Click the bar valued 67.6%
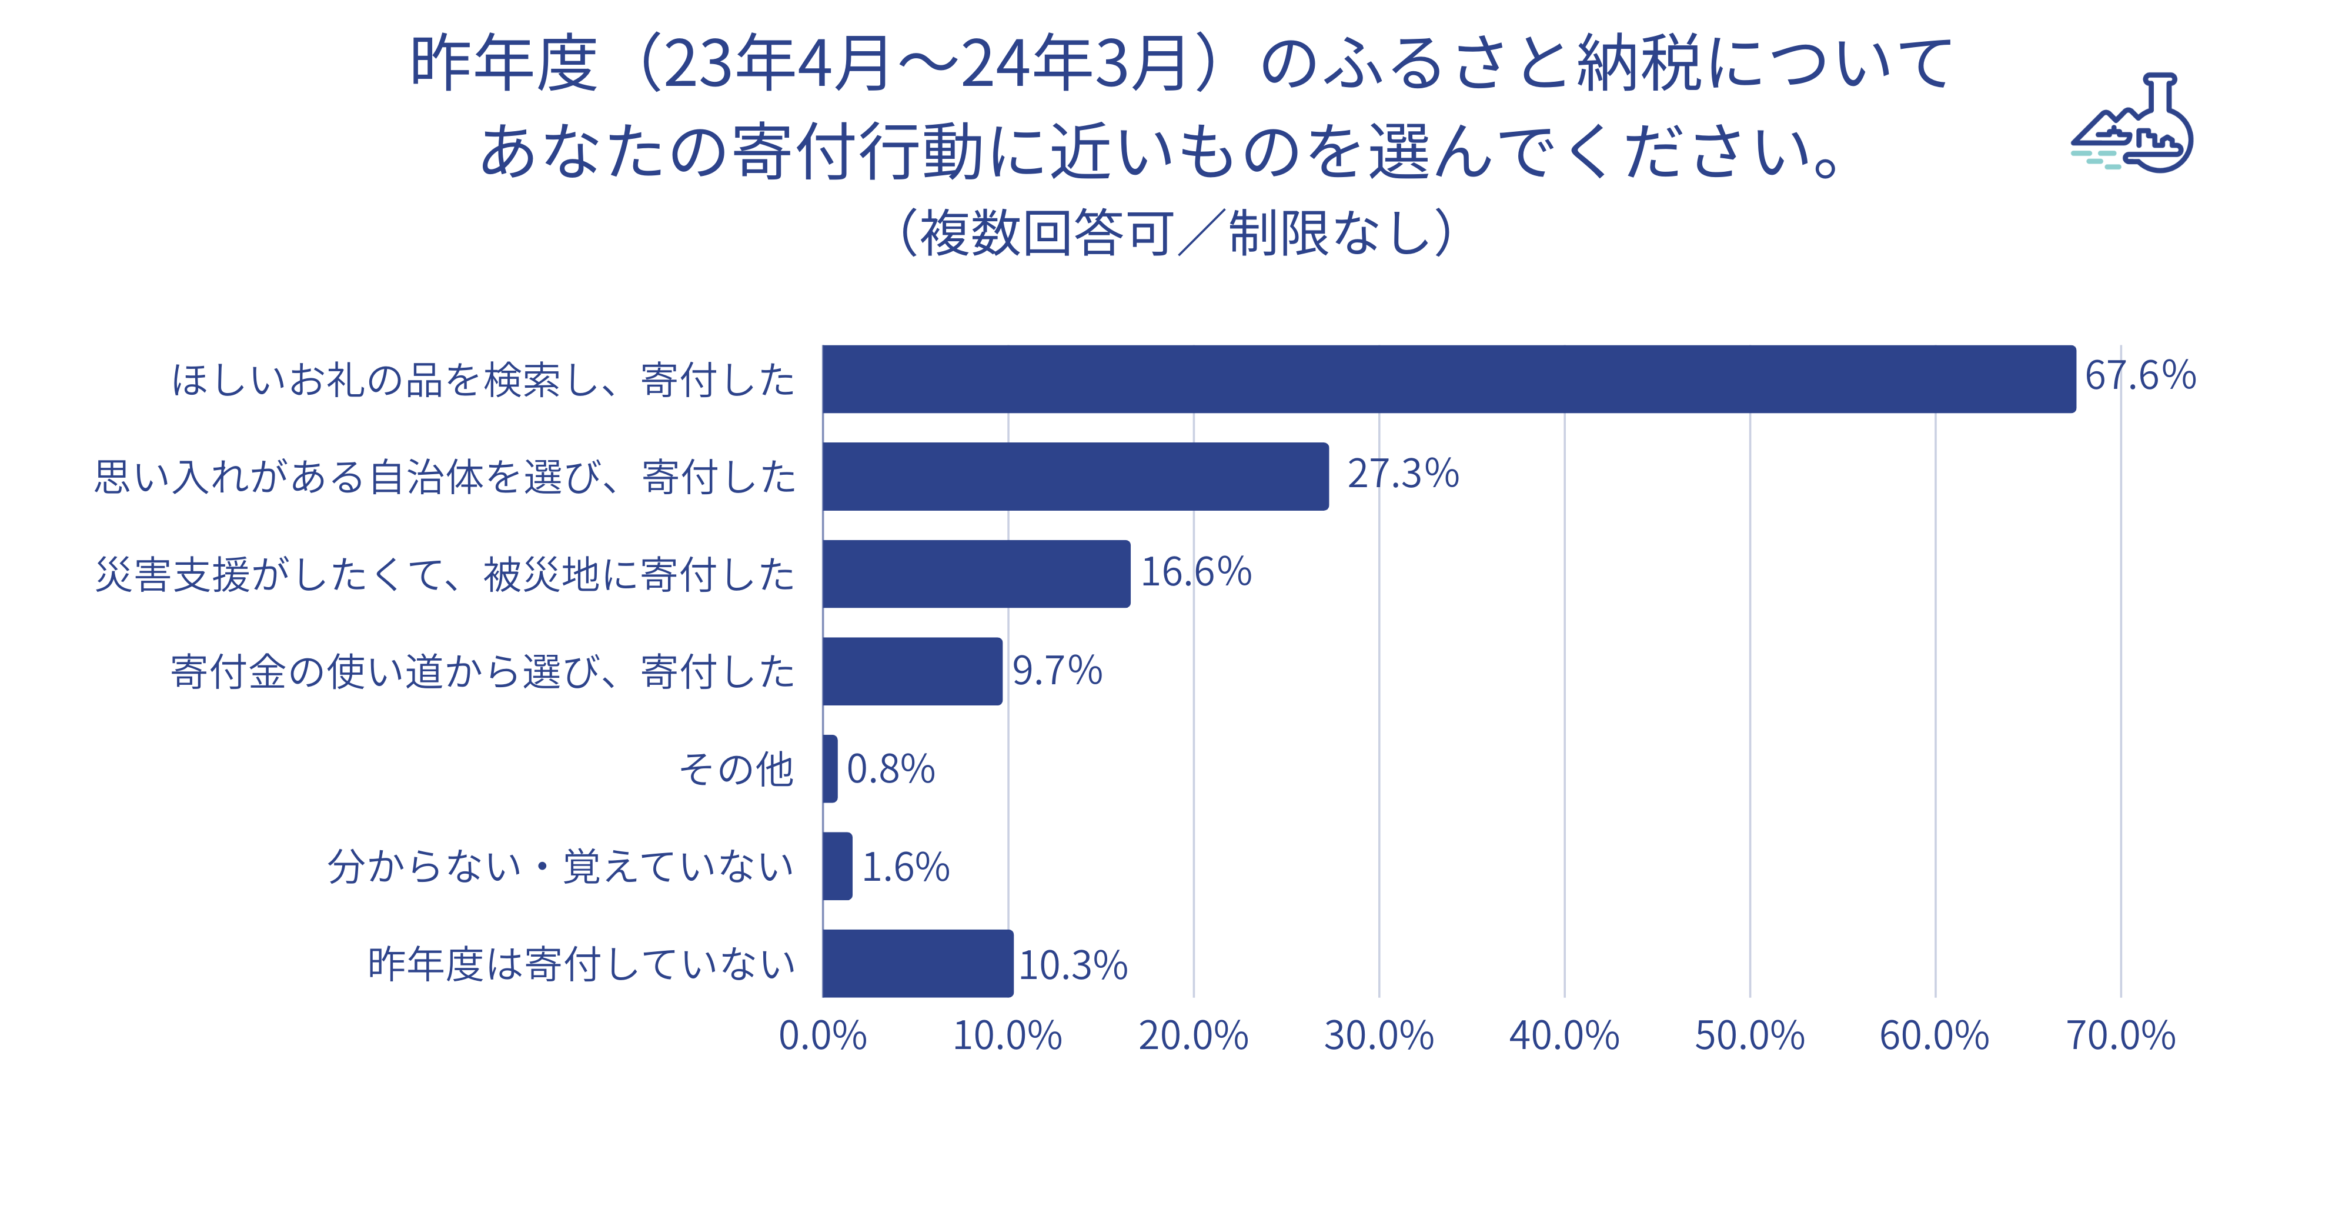1448,379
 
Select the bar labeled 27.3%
1075,477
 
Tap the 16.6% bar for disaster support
976,574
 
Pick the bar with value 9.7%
912,671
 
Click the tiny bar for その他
830,769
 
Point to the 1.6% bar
837,866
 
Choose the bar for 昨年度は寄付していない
918,964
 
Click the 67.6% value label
2140,375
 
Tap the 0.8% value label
890,769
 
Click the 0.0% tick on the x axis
823,1035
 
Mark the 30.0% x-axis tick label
1379,1035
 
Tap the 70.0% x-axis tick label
2120,1035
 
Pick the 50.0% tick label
1749,1035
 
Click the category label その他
737,769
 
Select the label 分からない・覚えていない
560,867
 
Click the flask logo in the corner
2133,124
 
